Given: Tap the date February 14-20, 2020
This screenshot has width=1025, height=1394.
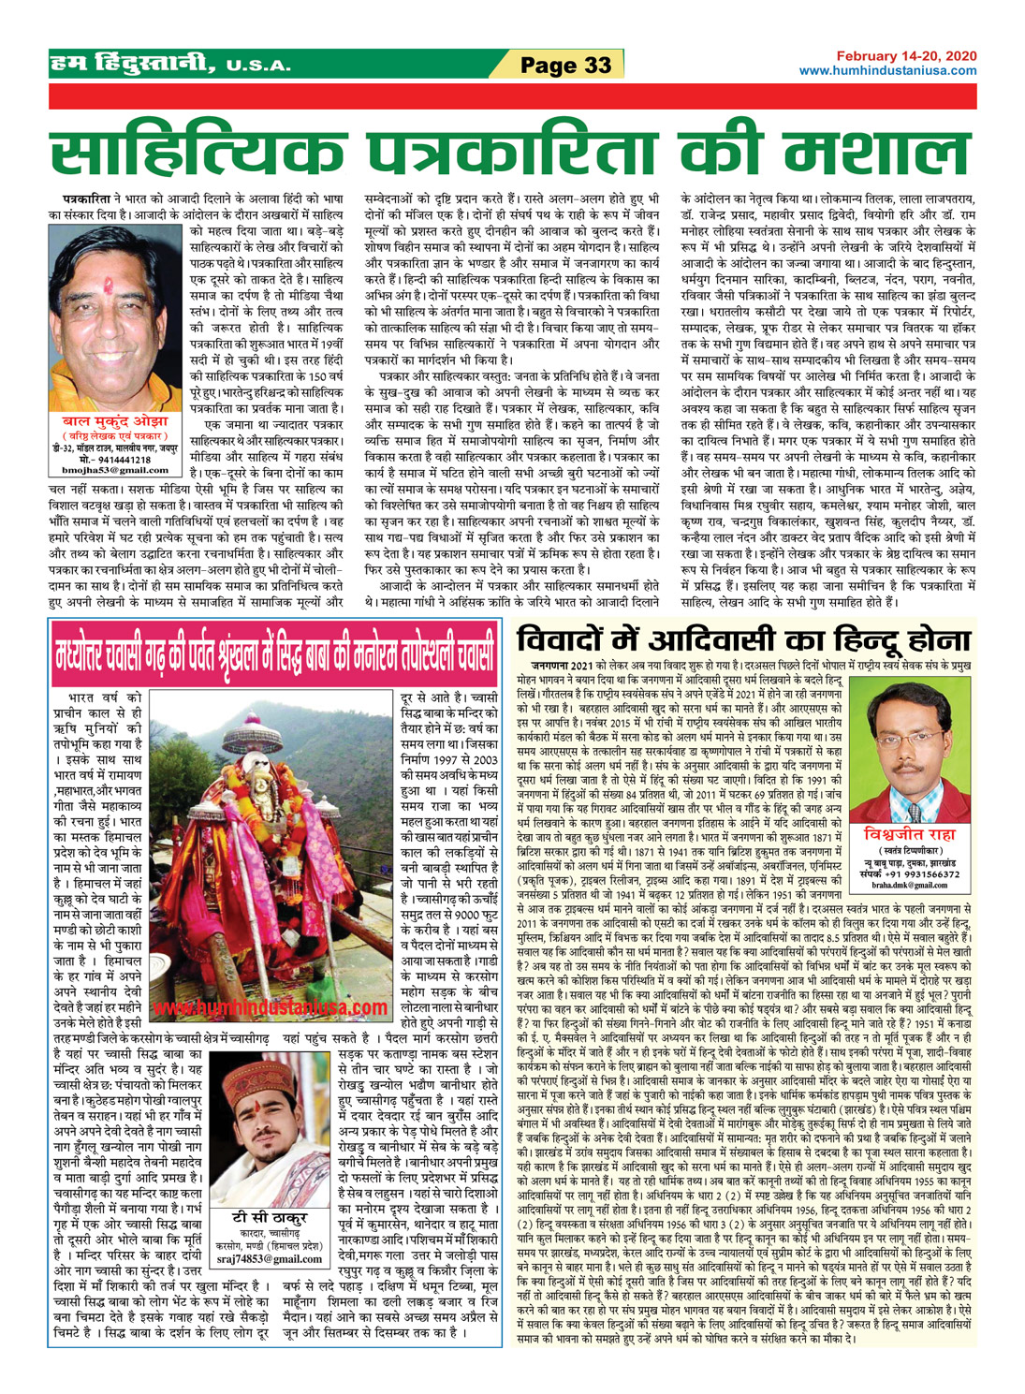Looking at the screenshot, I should (x=906, y=57).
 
